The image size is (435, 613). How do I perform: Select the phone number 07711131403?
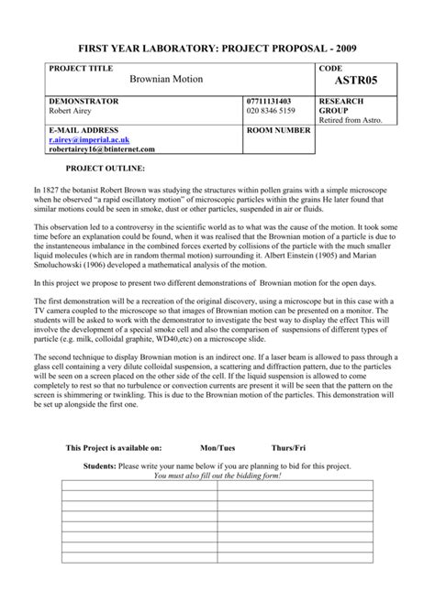point(271,100)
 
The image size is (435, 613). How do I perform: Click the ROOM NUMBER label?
point(280,131)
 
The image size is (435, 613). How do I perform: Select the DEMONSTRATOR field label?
point(87,100)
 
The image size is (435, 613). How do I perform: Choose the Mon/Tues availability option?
point(217,448)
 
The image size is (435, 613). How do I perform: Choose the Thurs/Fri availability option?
point(288,448)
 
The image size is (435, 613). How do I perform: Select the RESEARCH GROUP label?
point(341,104)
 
